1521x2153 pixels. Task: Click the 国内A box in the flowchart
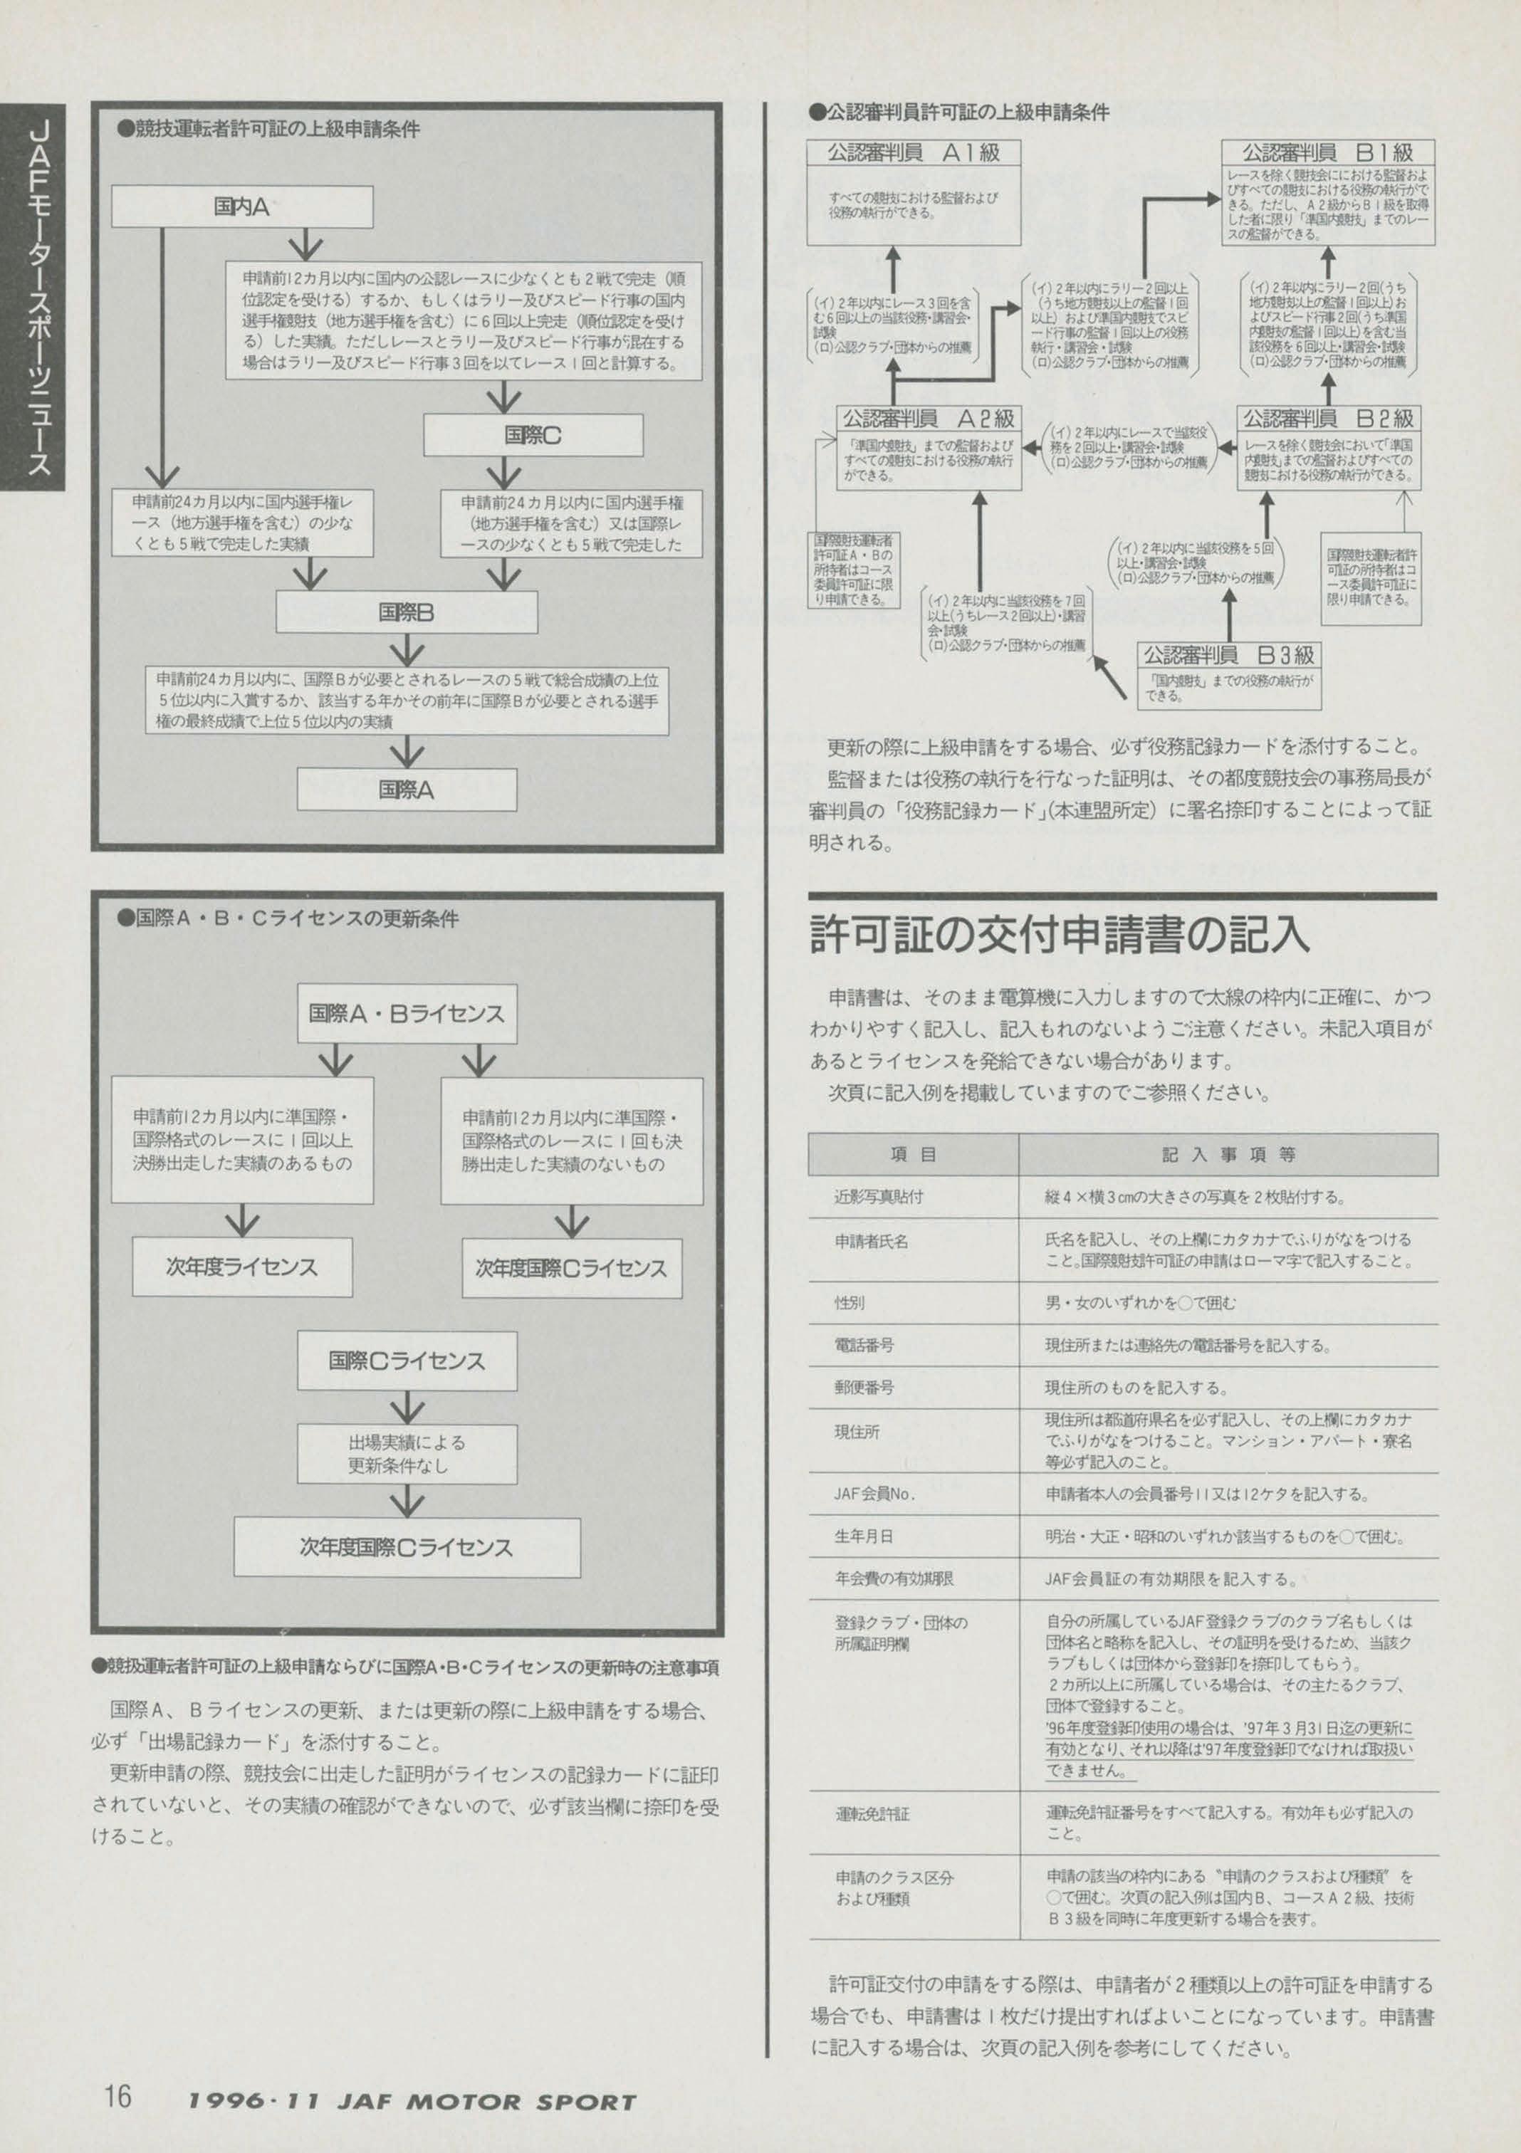coord(242,206)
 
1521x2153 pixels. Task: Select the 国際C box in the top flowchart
coord(533,435)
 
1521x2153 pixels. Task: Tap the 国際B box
coord(406,612)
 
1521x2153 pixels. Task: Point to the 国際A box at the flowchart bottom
coord(406,790)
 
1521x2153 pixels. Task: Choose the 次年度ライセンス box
coord(242,1267)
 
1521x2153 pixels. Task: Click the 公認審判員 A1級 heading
coord(914,153)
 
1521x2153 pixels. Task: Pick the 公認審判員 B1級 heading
coord(1327,153)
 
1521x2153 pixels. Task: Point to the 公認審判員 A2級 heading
coord(927,418)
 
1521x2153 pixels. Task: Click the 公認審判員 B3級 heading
coord(1228,654)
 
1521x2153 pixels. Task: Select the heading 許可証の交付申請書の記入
coord(1059,935)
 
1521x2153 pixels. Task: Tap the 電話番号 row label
coord(864,1345)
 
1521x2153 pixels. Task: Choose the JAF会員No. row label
coord(874,1494)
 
